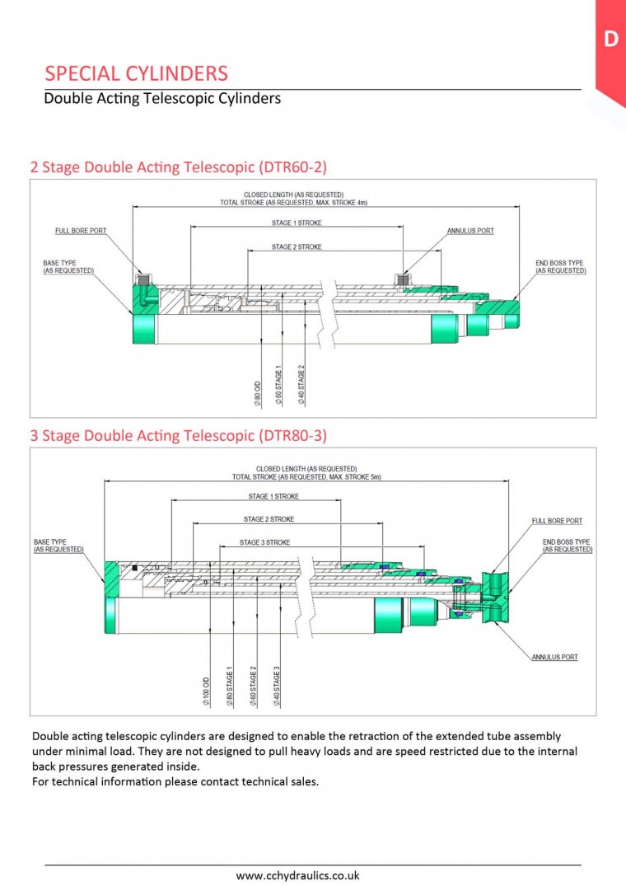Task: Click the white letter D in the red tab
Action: (610, 39)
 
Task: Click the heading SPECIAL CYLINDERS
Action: (136, 73)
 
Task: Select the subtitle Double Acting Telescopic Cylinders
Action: (162, 99)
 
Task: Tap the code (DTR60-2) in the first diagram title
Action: (292, 167)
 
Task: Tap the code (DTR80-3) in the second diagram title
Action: (292, 434)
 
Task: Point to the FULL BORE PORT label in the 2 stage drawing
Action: (81, 231)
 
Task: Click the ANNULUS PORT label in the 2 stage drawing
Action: (470, 231)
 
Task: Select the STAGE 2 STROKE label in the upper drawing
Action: (297, 247)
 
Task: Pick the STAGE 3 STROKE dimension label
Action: (264, 542)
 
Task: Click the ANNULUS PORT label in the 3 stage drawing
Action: (554, 657)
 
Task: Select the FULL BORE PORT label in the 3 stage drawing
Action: (557, 521)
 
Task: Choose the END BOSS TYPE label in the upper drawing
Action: (559, 266)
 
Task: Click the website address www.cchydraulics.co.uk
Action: (297, 875)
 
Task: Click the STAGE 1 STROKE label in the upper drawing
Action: (297, 223)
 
